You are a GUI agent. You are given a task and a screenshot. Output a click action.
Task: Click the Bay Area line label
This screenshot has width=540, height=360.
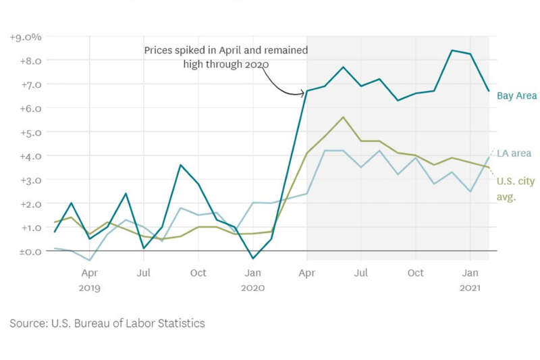(x=516, y=96)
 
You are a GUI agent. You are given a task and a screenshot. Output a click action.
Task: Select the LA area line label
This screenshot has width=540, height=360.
(x=514, y=153)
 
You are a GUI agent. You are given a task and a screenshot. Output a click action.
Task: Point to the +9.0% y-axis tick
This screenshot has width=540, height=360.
(x=26, y=37)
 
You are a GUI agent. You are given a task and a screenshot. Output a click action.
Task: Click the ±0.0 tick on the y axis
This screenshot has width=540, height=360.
(x=28, y=251)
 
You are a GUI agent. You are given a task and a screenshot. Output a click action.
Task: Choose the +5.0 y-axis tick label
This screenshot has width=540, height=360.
(x=29, y=132)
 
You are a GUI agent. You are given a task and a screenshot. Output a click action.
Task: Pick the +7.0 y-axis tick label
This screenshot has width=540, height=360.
(x=29, y=84)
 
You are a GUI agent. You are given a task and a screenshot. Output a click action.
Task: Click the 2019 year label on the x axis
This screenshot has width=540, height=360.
(x=90, y=288)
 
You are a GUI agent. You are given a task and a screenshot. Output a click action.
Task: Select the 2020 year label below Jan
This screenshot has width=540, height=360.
(x=252, y=288)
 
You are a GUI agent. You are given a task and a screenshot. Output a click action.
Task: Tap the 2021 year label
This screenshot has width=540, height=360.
(x=470, y=288)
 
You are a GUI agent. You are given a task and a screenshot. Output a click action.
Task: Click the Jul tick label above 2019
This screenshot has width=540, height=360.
(x=144, y=274)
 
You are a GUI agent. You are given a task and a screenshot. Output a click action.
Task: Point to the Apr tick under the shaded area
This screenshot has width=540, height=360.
(x=307, y=274)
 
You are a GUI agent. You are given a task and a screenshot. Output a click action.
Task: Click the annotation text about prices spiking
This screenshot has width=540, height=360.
(x=226, y=57)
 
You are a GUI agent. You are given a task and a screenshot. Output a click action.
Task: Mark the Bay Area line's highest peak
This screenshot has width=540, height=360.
(x=452, y=51)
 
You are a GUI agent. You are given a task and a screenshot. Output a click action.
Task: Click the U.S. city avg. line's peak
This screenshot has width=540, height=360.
(x=344, y=117)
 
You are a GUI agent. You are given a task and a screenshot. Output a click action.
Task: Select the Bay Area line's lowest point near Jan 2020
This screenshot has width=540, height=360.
(x=252, y=258)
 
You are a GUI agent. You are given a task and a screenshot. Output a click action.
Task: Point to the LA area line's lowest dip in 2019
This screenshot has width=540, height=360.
(x=90, y=260)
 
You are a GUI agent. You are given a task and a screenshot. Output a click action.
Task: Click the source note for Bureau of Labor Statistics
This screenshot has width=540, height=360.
(x=107, y=323)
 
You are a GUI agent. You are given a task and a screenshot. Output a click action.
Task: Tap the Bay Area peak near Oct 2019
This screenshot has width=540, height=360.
(x=180, y=165)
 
